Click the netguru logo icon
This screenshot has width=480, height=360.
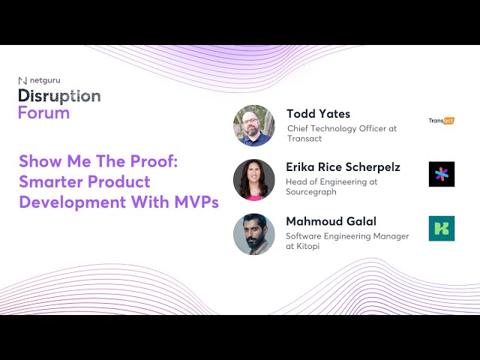(x=22, y=79)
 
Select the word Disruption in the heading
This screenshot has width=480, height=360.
(x=59, y=96)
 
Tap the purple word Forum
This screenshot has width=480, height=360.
(x=43, y=112)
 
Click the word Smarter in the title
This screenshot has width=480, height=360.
(x=49, y=181)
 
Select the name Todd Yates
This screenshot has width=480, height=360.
(x=318, y=114)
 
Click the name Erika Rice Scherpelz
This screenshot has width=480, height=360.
(x=343, y=166)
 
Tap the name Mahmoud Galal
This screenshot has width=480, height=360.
(x=330, y=221)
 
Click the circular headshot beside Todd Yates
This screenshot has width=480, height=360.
(x=253, y=125)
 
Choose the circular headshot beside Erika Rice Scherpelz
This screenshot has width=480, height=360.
(x=253, y=179)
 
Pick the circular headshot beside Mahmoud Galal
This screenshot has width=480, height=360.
(x=253, y=234)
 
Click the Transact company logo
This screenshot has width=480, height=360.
(x=441, y=120)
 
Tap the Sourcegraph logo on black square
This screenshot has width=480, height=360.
(x=441, y=174)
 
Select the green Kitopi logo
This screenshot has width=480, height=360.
(x=441, y=229)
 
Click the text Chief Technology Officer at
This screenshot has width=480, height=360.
(x=341, y=129)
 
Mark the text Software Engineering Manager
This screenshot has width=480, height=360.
(x=347, y=236)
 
